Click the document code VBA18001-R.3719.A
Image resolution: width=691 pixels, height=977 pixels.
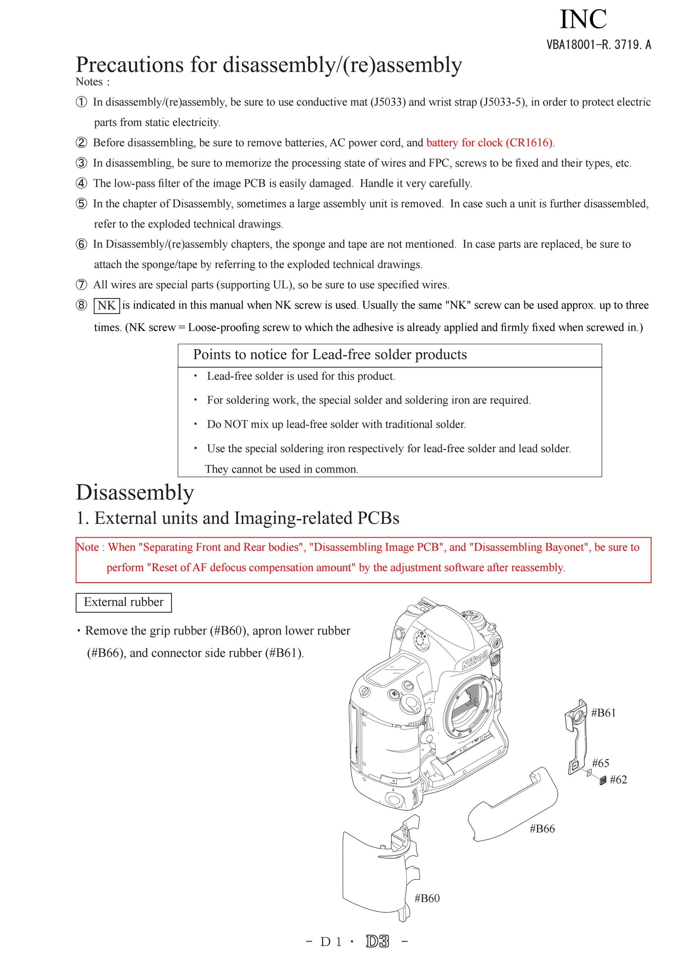click(x=599, y=44)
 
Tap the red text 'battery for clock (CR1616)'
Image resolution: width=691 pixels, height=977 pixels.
click(x=489, y=143)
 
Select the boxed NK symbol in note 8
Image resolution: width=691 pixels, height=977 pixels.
click(x=107, y=305)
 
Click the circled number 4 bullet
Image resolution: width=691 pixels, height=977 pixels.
click(x=81, y=183)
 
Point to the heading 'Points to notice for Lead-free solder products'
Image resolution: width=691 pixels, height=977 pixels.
click(x=330, y=354)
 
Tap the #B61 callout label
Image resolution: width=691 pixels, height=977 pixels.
click(x=603, y=713)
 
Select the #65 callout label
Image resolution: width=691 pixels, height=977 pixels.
click(x=600, y=763)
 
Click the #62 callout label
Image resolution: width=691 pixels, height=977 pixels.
click(x=618, y=779)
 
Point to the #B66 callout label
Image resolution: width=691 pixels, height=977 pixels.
click(x=542, y=828)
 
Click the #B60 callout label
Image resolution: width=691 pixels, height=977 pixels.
click(x=427, y=898)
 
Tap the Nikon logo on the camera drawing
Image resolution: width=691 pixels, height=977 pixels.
click(x=475, y=660)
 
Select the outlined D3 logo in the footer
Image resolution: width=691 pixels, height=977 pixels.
click(x=377, y=942)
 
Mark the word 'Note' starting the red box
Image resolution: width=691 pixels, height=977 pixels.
click(x=88, y=547)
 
